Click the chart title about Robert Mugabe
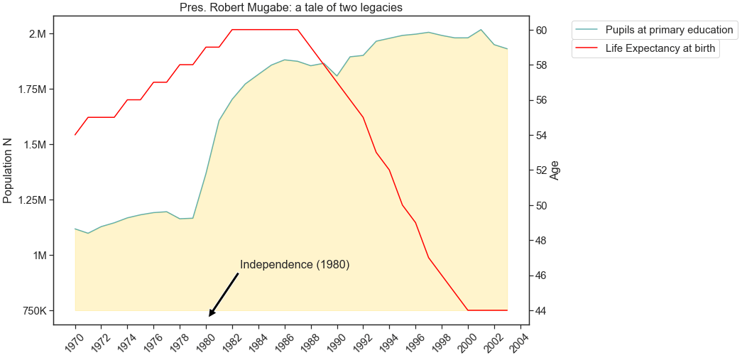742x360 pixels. (x=291, y=8)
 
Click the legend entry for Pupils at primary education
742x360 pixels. (x=668, y=30)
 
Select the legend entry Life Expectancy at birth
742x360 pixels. (x=660, y=49)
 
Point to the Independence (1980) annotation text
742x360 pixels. (x=295, y=265)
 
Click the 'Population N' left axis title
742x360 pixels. (x=9, y=171)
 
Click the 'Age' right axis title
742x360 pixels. (x=555, y=170)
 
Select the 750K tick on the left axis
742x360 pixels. (x=33, y=311)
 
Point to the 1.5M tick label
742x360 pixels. (x=33, y=145)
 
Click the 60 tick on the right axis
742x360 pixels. (x=540, y=30)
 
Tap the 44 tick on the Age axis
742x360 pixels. (x=540, y=311)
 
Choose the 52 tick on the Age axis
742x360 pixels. (x=540, y=170)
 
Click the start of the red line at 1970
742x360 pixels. (x=75, y=135)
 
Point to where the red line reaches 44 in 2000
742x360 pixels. (x=468, y=310)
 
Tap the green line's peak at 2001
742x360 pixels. (x=481, y=30)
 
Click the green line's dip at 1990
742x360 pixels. (x=337, y=76)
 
